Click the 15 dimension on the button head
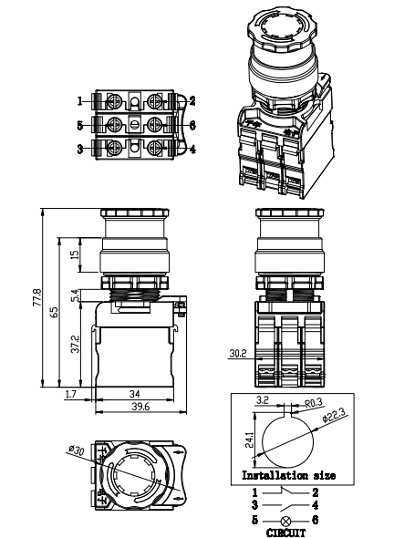pos(75,254)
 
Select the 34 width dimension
pos(135,394)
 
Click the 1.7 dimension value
pos(71,394)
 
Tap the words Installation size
pos(287,475)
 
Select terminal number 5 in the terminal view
pos(80,123)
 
